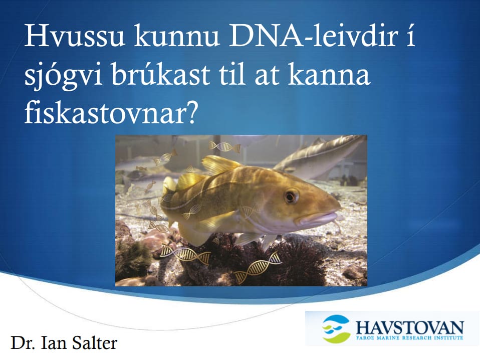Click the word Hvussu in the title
point(75,37)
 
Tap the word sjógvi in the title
point(63,77)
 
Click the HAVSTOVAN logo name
point(409,327)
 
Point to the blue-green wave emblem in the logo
point(336,329)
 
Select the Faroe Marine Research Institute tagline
point(409,337)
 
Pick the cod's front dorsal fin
point(217,164)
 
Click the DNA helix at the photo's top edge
point(224,146)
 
